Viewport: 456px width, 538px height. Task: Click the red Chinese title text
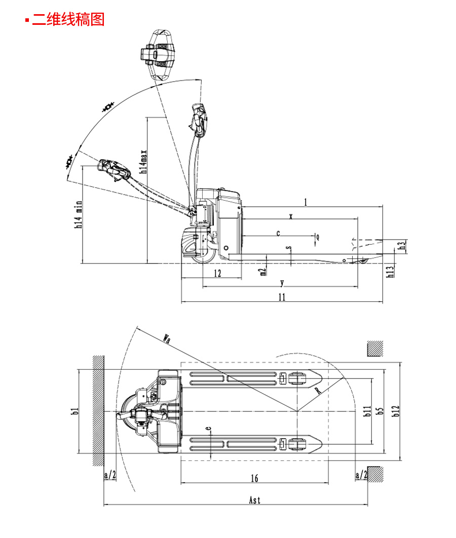pyautogui.click(x=68, y=19)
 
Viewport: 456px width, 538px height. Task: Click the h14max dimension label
pyautogui.click(x=144, y=162)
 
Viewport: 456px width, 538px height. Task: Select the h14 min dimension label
pyautogui.click(x=79, y=215)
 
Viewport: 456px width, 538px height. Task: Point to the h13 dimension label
pyautogui.click(x=391, y=272)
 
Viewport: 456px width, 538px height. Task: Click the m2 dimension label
pyautogui.click(x=263, y=272)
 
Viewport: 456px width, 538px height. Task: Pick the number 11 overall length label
pyautogui.click(x=282, y=297)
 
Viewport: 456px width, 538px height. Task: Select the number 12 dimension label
pyautogui.click(x=217, y=273)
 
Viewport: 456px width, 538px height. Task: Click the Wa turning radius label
pyautogui.click(x=167, y=338)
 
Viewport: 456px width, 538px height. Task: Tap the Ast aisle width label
pyautogui.click(x=254, y=500)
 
